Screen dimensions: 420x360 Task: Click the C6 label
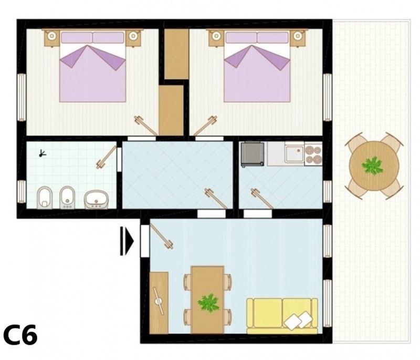tap(20, 335)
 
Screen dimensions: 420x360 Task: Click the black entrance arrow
tap(127, 241)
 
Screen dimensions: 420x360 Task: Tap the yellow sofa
tap(282, 316)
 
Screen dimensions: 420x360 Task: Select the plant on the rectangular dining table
tap(208, 303)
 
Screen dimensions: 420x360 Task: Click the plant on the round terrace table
tap(372, 166)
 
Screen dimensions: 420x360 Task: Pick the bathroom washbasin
tap(96, 199)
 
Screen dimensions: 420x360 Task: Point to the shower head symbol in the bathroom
tap(43, 153)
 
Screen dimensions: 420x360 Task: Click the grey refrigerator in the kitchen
tap(253, 154)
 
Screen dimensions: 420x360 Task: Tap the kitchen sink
tap(294, 153)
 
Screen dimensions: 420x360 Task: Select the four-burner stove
tap(313, 155)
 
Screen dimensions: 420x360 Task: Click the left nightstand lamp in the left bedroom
tap(51, 36)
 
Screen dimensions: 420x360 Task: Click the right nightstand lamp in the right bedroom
tap(297, 36)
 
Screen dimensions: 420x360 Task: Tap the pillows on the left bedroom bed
tap(93, 37)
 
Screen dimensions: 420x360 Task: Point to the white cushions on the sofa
tap(297, 321)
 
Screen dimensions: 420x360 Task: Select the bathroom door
tap(107, 157)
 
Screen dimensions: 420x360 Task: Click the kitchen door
tap(261, 199)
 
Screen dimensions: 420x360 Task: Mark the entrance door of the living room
tap(162, 236)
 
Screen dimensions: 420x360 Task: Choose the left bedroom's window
tap(22, 97)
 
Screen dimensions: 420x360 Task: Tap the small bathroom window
tap(22, 192)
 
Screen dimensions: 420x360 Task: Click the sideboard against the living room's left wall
tap(159, 303)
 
